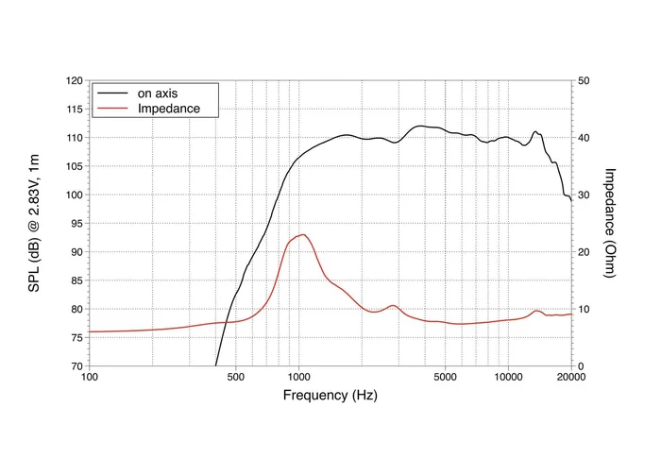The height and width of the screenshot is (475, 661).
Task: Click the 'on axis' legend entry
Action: point(157,93)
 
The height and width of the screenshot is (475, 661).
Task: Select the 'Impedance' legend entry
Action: point(168,109)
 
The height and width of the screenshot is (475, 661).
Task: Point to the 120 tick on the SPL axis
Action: point(74,81)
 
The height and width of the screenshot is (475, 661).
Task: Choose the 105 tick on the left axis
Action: point(74,166)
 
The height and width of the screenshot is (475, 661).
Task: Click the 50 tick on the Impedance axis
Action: point(585,81)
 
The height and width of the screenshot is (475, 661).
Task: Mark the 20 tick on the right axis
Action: point(585,252)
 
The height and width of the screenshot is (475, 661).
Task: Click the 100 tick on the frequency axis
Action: point(90,378)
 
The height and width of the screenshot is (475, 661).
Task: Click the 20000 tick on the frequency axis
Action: point(570,378)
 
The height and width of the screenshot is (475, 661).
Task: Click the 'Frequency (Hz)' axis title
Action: point(330,396)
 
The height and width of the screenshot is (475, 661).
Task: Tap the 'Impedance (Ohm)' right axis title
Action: point(610,224)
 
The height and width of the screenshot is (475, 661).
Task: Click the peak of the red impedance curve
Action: point(302,234)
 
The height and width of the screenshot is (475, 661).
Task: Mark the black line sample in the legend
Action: point(112,93)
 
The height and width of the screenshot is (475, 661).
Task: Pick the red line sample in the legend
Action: point(112,109)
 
